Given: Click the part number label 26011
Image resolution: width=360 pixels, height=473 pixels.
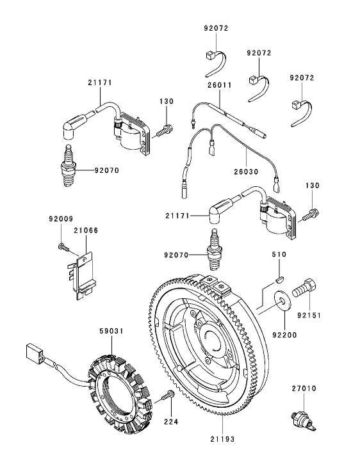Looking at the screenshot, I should (219, 84).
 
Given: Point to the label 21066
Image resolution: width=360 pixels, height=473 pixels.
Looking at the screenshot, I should (85, 230).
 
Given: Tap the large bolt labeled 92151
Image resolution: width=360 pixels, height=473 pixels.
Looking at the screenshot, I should (305, 289).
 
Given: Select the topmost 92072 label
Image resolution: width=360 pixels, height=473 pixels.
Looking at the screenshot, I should (215, 28).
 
